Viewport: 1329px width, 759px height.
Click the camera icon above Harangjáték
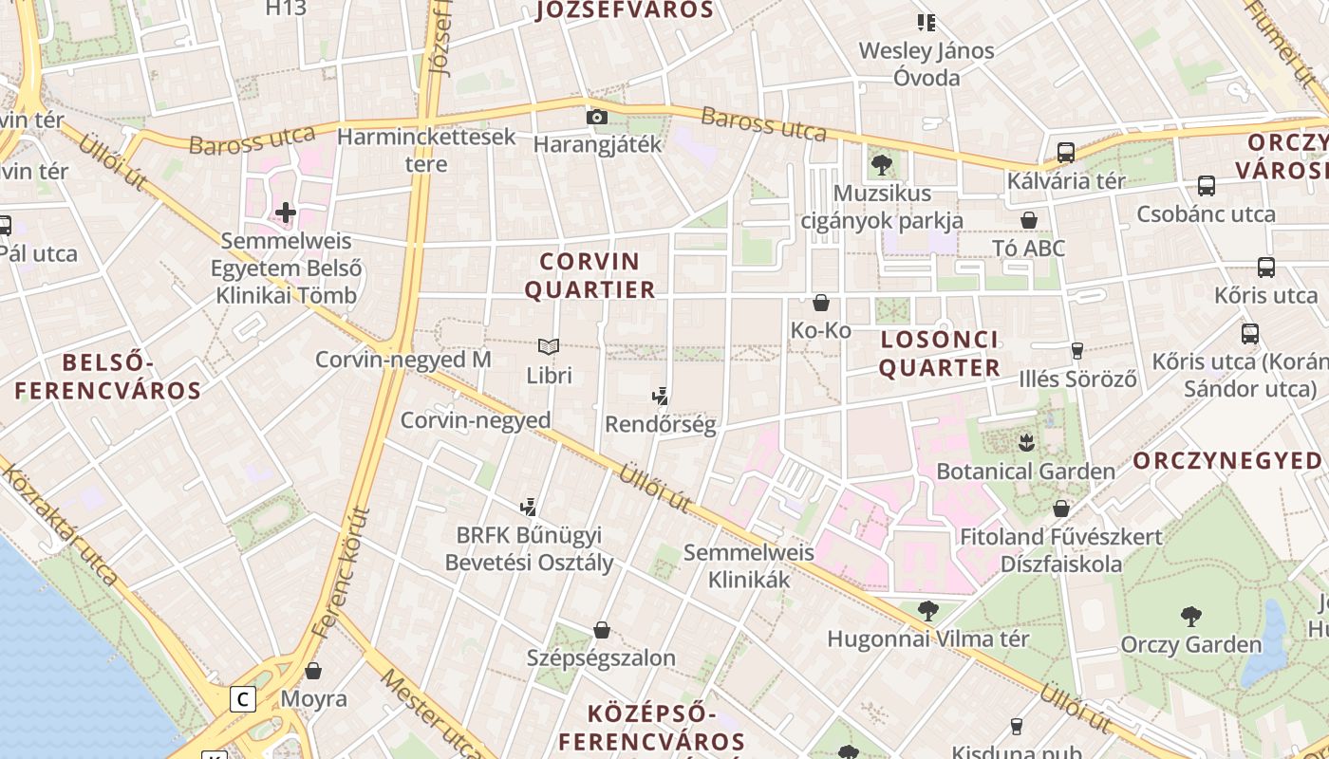(x=597, y=118)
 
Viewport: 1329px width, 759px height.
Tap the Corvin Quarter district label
(x=590, y=275)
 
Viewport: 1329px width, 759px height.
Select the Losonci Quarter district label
(x=939, y=354)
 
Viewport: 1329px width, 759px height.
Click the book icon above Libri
(x=549, y=346)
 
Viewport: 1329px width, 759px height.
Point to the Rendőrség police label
(x=661, y=424)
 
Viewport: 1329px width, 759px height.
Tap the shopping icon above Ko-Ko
(x=821, y=303)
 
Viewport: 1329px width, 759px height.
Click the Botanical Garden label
(x=1025, y=472)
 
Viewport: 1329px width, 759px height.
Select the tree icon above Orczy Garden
(x=1190, y=617)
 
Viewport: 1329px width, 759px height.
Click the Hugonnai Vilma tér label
(x=927, y=639)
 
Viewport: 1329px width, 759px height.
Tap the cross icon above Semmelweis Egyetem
(x=286, y=213)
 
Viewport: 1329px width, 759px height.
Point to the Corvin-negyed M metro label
(x=402, y=361)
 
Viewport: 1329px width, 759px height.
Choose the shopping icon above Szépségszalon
(x=601, y=630)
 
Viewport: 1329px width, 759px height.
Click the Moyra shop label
(x=313, y=699)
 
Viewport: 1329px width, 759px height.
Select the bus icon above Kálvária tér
(x=1066, y=153)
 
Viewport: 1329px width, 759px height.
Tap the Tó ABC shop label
(x=1028, y=249)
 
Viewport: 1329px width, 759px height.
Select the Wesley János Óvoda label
(x=927, y=64)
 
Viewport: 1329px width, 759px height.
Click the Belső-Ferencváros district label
(x=107, y=377)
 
